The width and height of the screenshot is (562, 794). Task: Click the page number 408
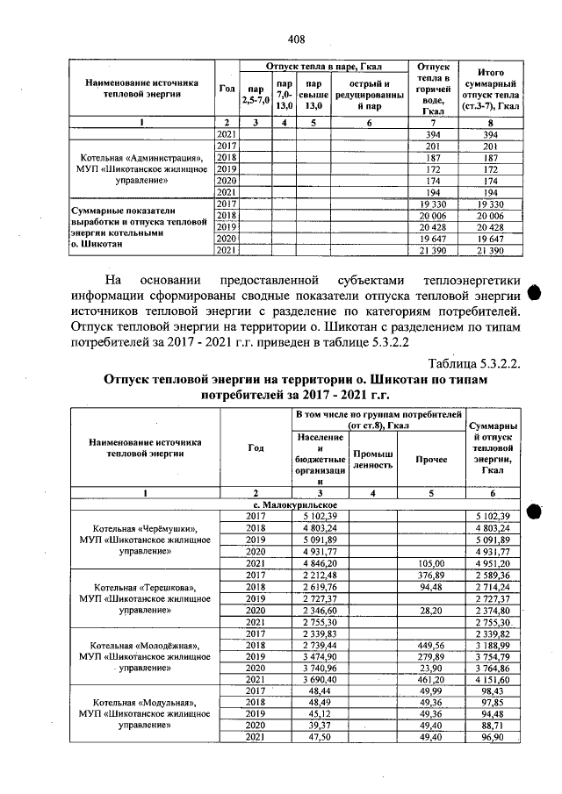(x=296, y=39)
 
